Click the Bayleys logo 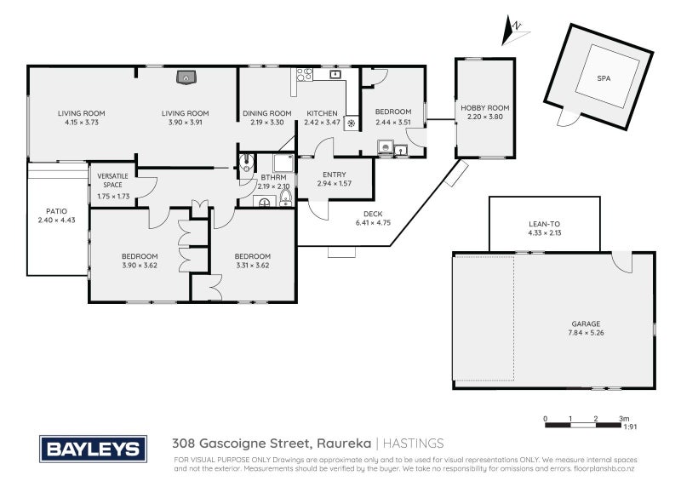click(94, 450)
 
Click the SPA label click(604, 77)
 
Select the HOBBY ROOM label click(485, 108)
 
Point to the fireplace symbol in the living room click(186, 78)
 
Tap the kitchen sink click(335, 75)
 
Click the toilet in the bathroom click(284, 199)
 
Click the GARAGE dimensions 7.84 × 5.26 click(587, 333)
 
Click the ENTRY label click(334, 175)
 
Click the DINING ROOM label click(266, 113)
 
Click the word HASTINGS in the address click(412, 444)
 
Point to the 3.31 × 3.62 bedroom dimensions click(253, 266)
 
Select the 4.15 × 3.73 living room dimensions click(82, 123)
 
